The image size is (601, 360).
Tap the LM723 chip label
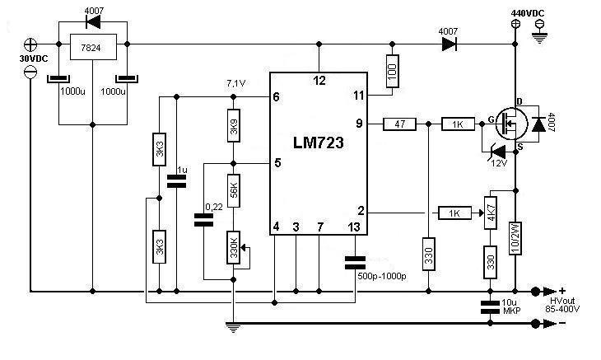click(x=319, y=143)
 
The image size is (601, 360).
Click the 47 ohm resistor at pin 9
click(x=400, y=124)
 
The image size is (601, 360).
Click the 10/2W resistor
click(x=516, y=239)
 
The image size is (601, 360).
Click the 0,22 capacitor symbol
click(x=203, y=219)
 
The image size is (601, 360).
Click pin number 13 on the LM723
click(x=354, y=227)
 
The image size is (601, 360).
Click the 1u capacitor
click(x=176, y=181)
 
